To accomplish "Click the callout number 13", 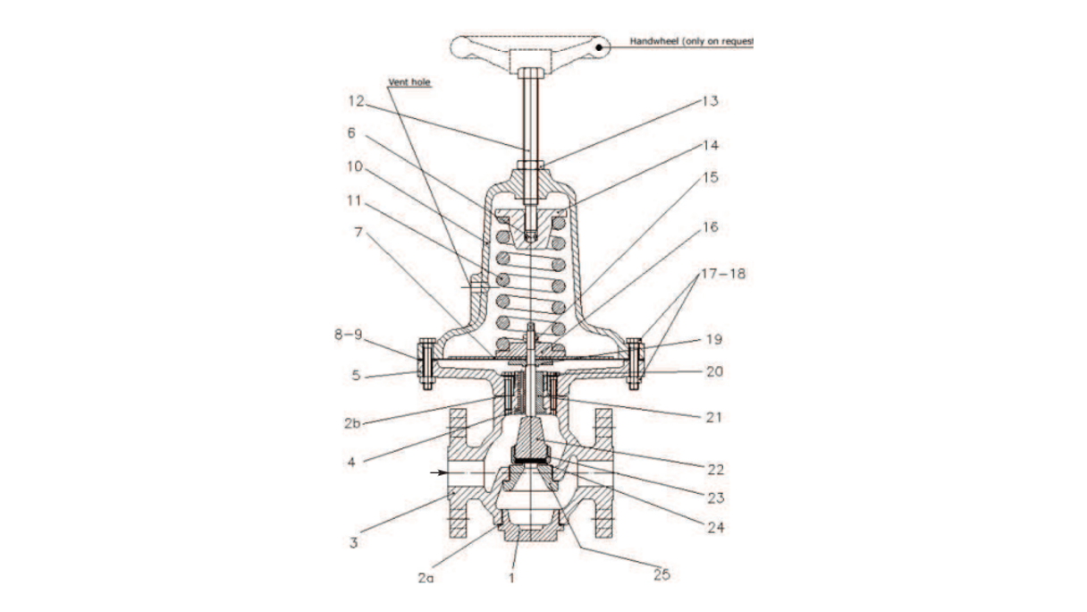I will [709, 101].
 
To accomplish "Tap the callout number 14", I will [709, 144].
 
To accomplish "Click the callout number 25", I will [661, 574].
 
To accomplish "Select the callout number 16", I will [709, 228].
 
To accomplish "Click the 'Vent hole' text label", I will [409, 82].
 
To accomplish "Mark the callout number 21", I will [712, 417].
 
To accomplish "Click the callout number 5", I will [356, 376].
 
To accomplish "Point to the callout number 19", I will [712, 340].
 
